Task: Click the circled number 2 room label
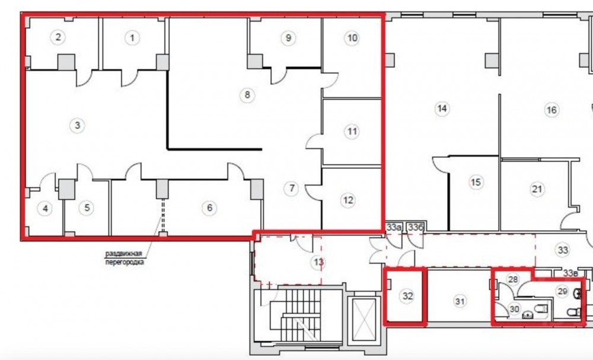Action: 58,37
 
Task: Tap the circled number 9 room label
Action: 288,38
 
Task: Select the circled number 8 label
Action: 247,94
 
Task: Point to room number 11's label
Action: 352,132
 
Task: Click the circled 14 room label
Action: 442,109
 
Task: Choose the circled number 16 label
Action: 551,110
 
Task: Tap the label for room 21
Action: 537,189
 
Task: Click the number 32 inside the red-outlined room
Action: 407,296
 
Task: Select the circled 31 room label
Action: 460,301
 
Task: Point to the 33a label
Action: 393,228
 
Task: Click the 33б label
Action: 415,228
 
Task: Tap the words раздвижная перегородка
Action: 125,257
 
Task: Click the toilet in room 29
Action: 574,312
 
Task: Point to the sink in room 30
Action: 528,314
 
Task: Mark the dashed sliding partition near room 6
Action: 163,215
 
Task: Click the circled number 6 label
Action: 209,208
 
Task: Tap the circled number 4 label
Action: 45,208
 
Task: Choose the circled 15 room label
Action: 476,182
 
